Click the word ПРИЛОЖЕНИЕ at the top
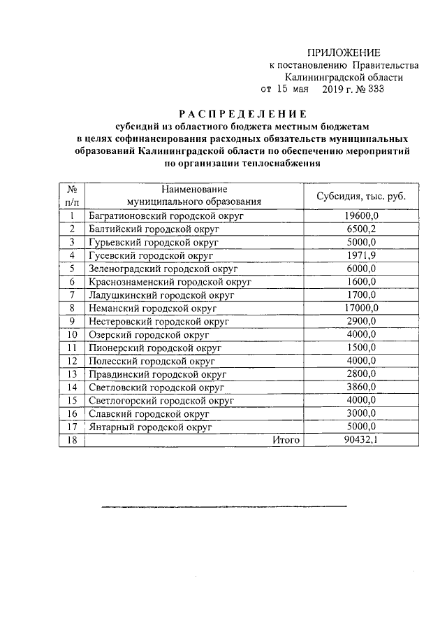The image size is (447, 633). click(344, 53)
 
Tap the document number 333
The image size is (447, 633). click(372, 90)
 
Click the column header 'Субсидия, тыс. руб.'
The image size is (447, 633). click(360, 196)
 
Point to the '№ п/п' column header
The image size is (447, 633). click(71, 195)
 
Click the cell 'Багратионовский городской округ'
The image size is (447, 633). click(166, 217)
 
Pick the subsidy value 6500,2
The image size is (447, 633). click(360, 229)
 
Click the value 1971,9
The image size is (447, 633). click(360, 256)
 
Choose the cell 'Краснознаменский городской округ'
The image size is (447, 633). click(170, 282)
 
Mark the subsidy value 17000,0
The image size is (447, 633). click(360, 308)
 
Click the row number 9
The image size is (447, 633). click(71, 321)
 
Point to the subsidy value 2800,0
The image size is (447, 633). click(360, 374)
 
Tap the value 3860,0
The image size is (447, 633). click(360, 387)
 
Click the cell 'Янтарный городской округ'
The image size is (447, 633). click(150, 427)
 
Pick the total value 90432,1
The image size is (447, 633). click(360, 440)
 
